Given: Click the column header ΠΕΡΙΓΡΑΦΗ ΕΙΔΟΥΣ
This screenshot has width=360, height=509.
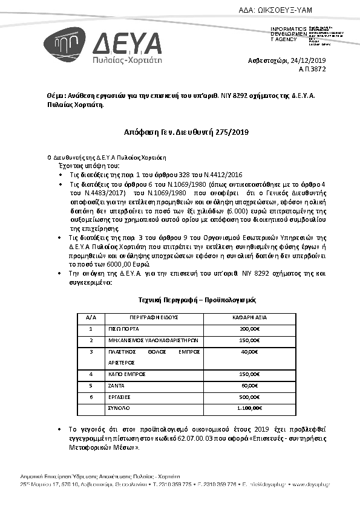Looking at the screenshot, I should pyautogui.click(x=153, y=317).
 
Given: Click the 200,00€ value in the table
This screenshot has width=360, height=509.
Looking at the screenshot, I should pyautogui.click(x=249, y=329).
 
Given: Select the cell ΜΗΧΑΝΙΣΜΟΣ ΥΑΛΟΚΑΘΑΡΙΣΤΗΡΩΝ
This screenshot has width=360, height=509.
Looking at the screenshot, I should pyautogui.click(x=141, y=340).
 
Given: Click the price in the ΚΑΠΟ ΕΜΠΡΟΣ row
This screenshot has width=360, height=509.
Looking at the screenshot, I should pyautogui.click(x=249, y=374).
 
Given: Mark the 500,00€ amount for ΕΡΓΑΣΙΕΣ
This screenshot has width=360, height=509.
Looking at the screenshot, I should pyautogui.click(x=249, y=397).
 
